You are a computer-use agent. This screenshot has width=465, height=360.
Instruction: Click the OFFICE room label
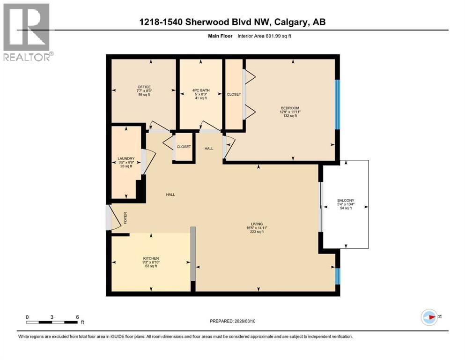[144, 87]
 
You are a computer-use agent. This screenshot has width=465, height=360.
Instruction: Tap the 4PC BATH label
[201, 90]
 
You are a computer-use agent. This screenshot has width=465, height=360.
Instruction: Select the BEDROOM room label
[290, 108]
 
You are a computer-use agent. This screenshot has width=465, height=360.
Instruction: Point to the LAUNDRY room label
[126, 158]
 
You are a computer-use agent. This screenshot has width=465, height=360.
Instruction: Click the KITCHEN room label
[151, 258]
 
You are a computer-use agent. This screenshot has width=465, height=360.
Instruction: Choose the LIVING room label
[257, 224]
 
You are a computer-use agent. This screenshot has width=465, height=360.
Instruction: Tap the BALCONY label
[346, 200]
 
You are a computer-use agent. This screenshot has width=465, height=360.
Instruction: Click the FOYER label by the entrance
[125, 218]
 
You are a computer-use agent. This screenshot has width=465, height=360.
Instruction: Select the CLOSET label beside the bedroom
[234, 94]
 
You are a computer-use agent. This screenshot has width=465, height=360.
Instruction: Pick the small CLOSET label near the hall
[184, 147]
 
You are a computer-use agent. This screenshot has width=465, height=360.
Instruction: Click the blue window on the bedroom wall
[337, 105]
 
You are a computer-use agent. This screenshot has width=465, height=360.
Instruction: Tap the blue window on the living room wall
[338, 276]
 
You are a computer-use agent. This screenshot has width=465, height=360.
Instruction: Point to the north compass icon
[429, 317]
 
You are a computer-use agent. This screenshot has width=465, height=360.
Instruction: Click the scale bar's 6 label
[77, 317]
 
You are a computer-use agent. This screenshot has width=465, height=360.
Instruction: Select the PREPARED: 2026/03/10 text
[232, 321]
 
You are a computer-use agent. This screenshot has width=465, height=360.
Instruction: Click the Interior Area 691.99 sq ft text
[264, 36]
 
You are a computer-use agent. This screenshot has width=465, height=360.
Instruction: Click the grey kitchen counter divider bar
[193, 254]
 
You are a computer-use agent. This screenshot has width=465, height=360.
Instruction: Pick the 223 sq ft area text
[257, 232]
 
